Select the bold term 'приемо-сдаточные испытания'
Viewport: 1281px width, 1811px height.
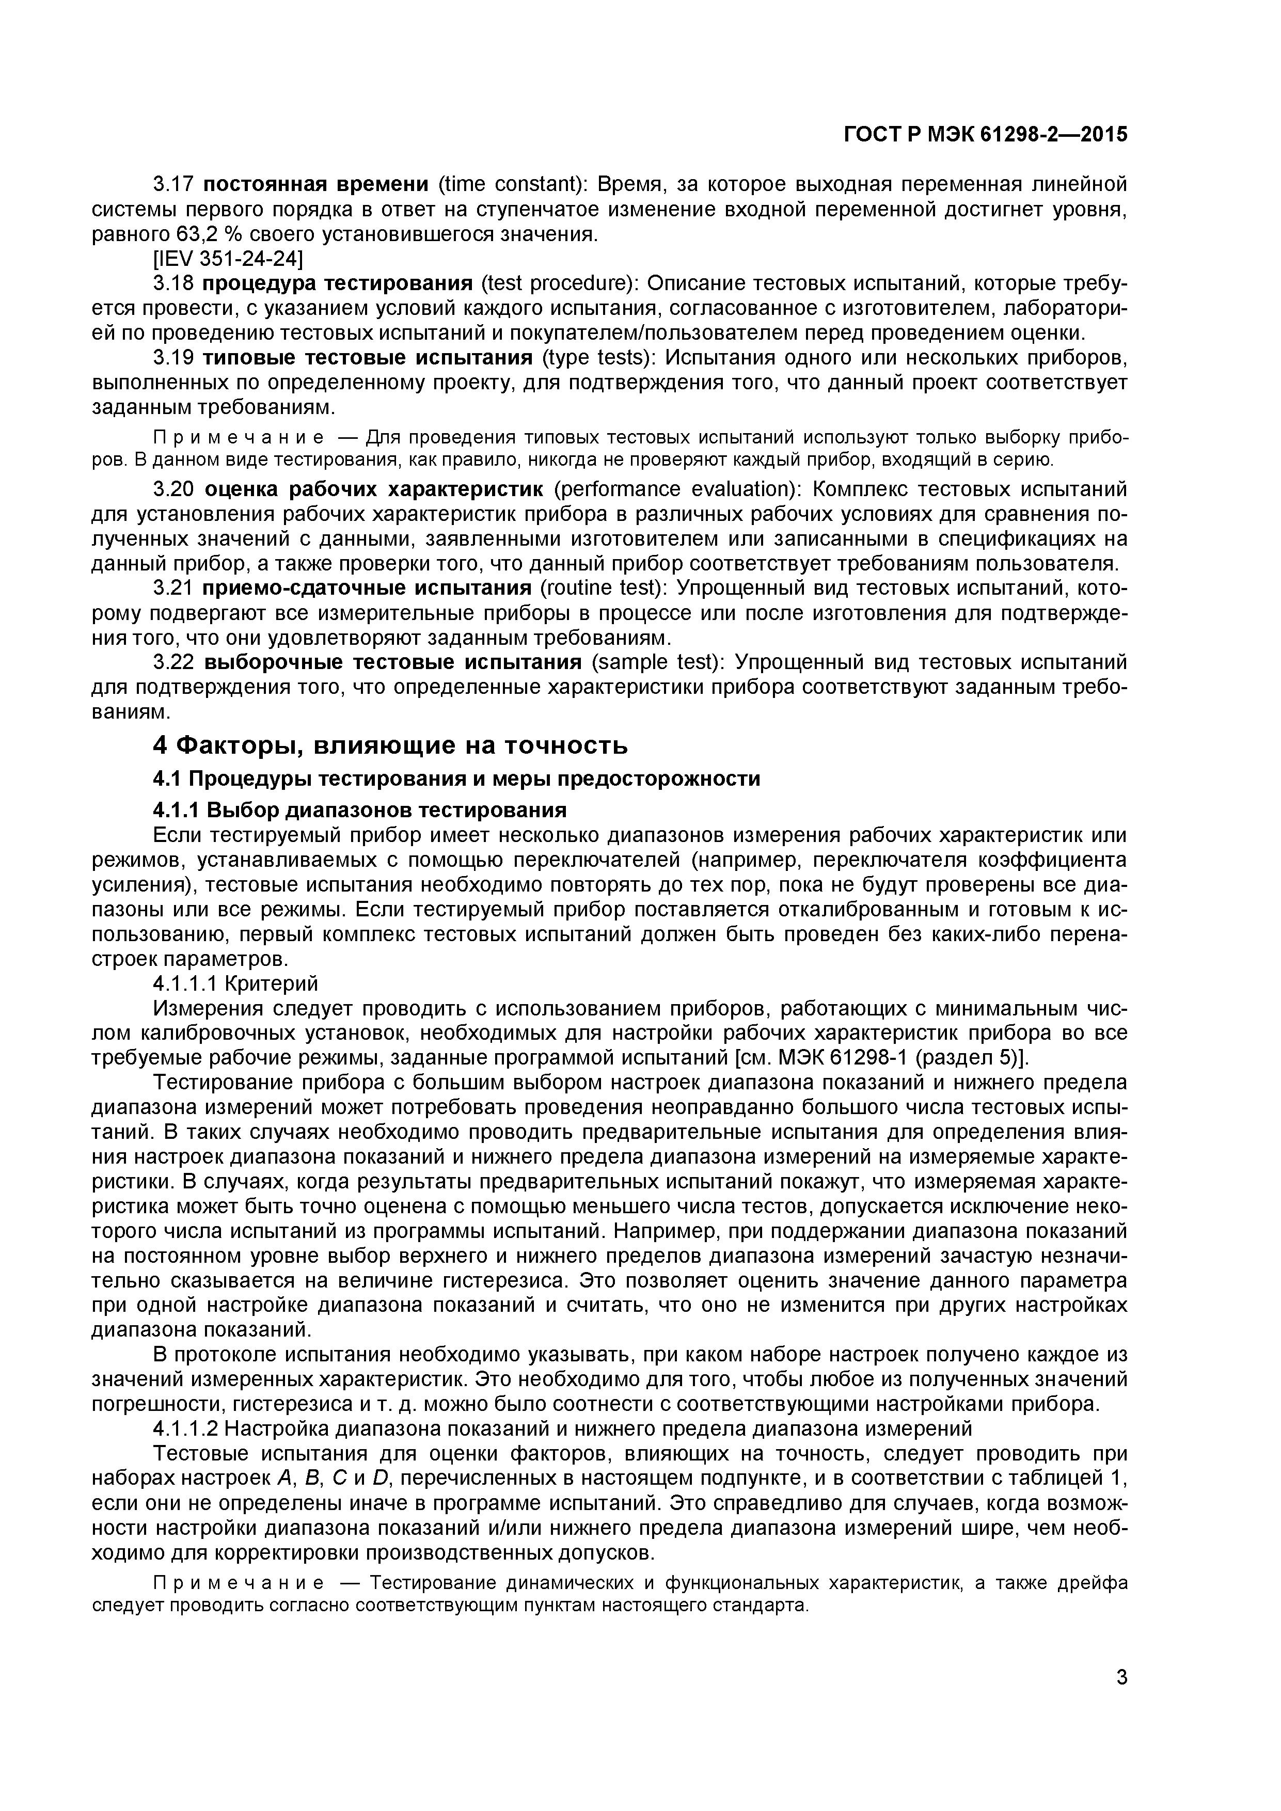pos(366,589)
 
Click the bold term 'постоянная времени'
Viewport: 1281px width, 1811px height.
pos(315,185)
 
